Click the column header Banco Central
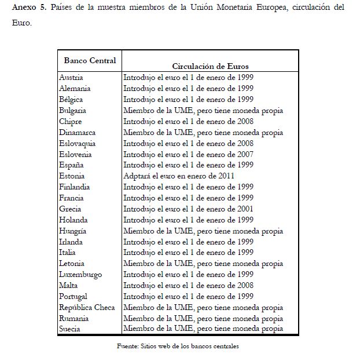coord(90,60)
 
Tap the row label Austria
coord(72,77)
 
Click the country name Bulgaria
coord(73,110)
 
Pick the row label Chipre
coord(71,121)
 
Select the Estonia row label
coord(72,176)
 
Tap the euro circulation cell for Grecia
coord(188,209)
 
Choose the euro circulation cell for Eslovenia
coord(188,154)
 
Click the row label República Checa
coord(87,307)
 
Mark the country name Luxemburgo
coord(81,274)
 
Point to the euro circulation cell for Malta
coord(188,285)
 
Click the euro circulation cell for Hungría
coord(203,231)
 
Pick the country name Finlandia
coord(75,187)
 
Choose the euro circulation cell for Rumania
coord(203,318)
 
